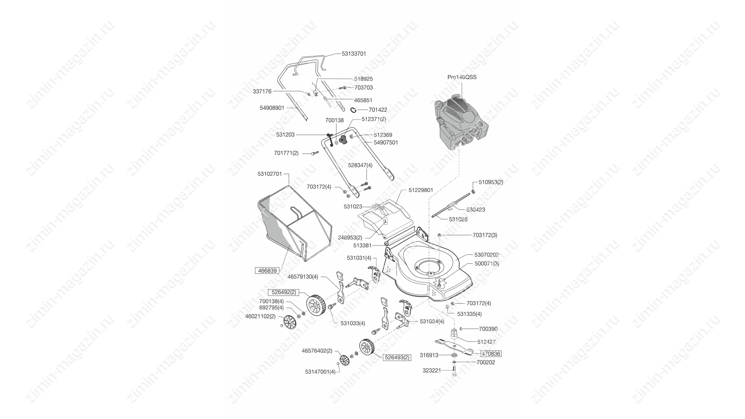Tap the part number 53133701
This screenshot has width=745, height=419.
[x=354, y=54]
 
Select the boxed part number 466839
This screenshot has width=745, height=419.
[x=267, y=270]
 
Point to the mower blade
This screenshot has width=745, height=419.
[x=454, y=346]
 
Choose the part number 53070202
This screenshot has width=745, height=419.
[x=487, y=255]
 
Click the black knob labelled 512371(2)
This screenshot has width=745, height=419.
[x=343, y=139]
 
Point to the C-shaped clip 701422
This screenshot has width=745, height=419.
[x=354, y=110]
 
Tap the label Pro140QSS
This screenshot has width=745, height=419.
[x=462, y=77]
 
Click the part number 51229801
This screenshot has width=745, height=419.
[x=421, y=190]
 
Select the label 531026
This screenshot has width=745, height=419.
[x=458, y=219]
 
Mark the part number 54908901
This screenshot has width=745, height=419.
[x=272, y=108]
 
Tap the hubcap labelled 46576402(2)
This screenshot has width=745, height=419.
[x=344, y=361]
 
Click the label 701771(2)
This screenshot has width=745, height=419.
[x=286, y=153]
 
